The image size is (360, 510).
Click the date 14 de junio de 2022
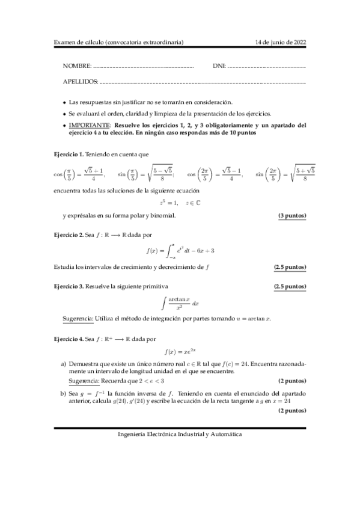point(281,42)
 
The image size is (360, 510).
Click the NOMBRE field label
point(77,65)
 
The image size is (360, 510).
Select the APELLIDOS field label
point(81,81)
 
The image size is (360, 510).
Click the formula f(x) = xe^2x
point(180,352)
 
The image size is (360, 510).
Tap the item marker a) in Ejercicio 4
point(64,364)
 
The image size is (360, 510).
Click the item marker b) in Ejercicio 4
point(64,392)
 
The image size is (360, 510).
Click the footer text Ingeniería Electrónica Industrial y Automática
point(180,434)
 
